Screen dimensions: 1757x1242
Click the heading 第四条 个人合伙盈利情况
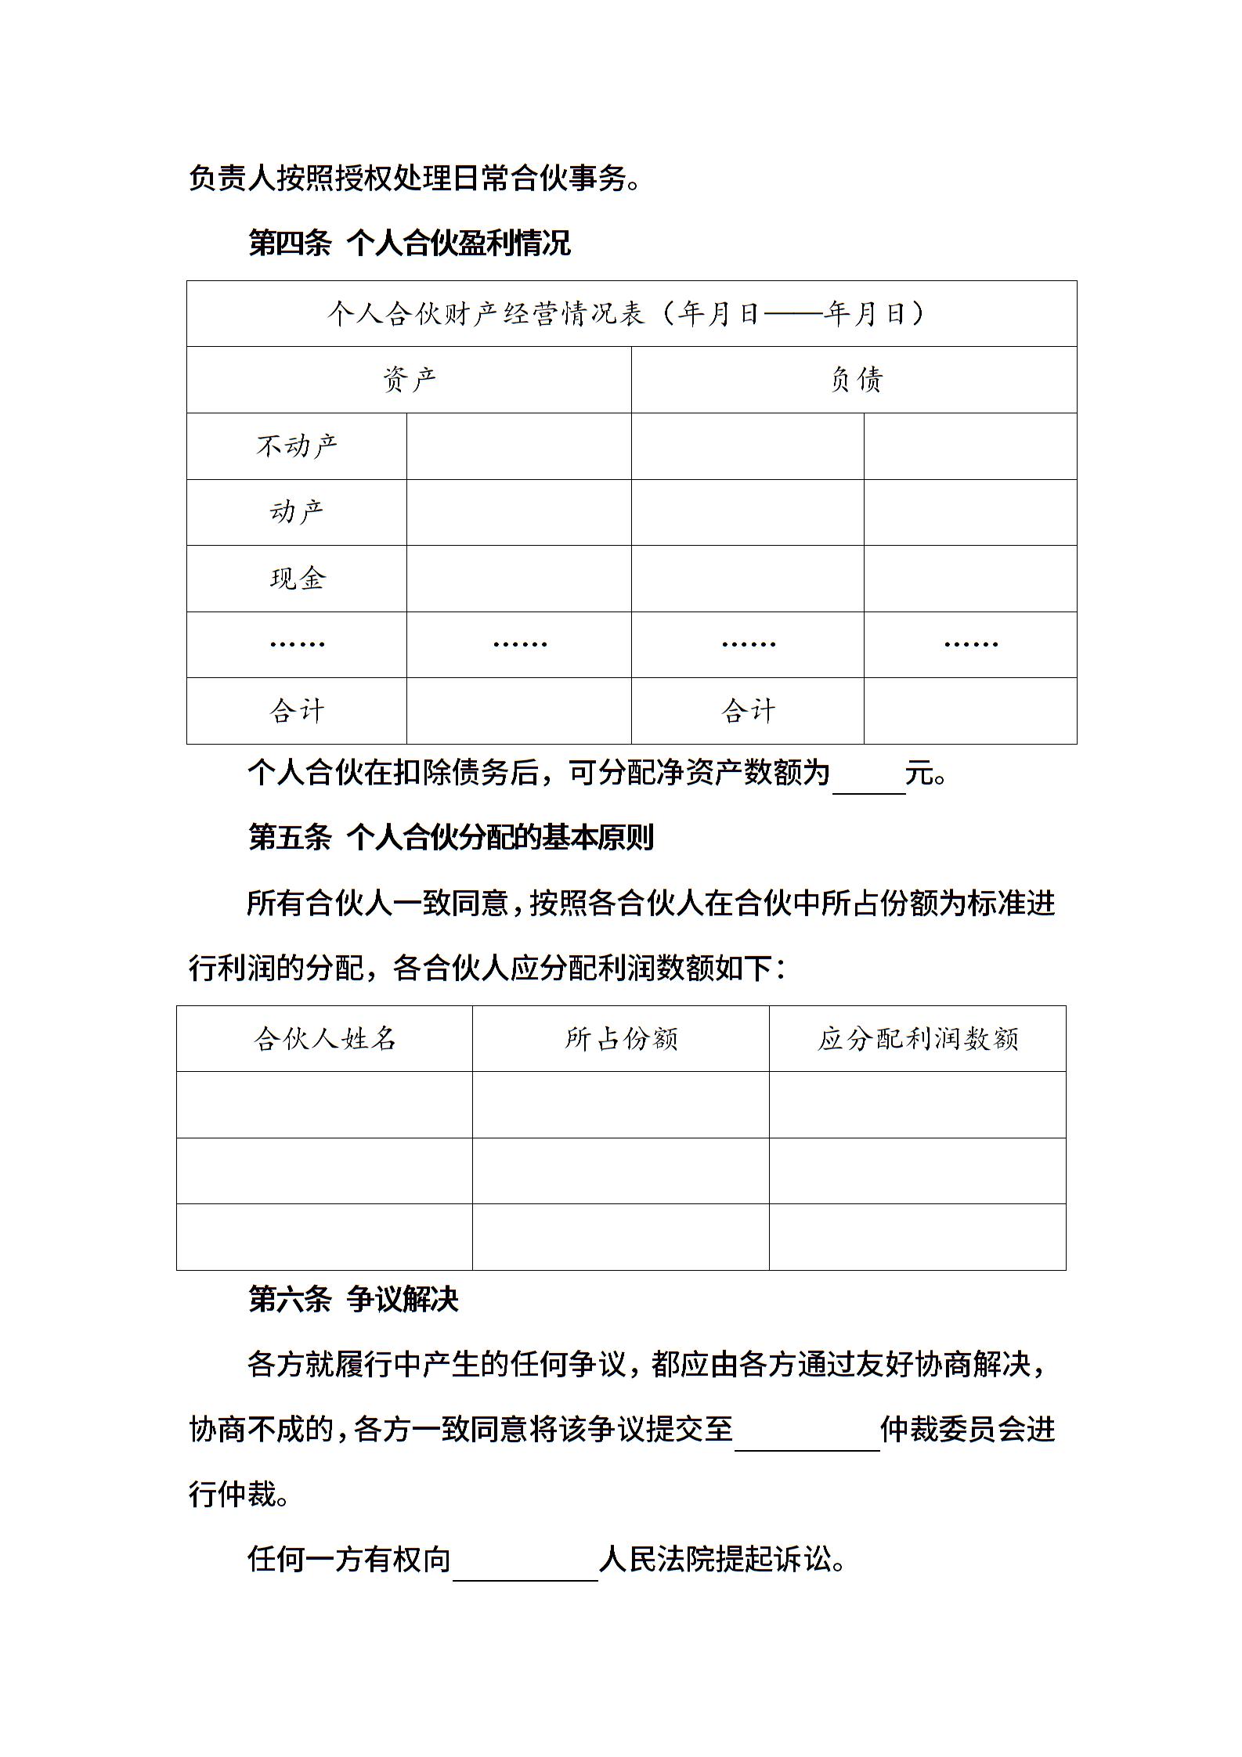click(409, 244)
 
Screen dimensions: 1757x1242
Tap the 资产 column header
click(409, 380)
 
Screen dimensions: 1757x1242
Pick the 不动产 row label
click(297, 446)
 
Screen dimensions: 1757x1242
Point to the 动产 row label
click(297, 512)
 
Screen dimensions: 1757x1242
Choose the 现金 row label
click(297, 579)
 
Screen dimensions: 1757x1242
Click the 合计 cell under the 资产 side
click(297, 711)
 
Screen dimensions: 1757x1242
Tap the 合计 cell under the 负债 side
click(748, 711)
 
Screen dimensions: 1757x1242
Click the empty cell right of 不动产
click(518, 446)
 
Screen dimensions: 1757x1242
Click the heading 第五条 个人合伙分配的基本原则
click(450, 838)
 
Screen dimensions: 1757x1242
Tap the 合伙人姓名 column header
click(324, 1039)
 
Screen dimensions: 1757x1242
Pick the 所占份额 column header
click(621, 1039)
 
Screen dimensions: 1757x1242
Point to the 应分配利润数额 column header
click(918, 1039)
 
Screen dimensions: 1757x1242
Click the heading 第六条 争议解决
click(353, 1300)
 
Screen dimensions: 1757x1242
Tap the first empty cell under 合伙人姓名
click(324, 1105)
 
